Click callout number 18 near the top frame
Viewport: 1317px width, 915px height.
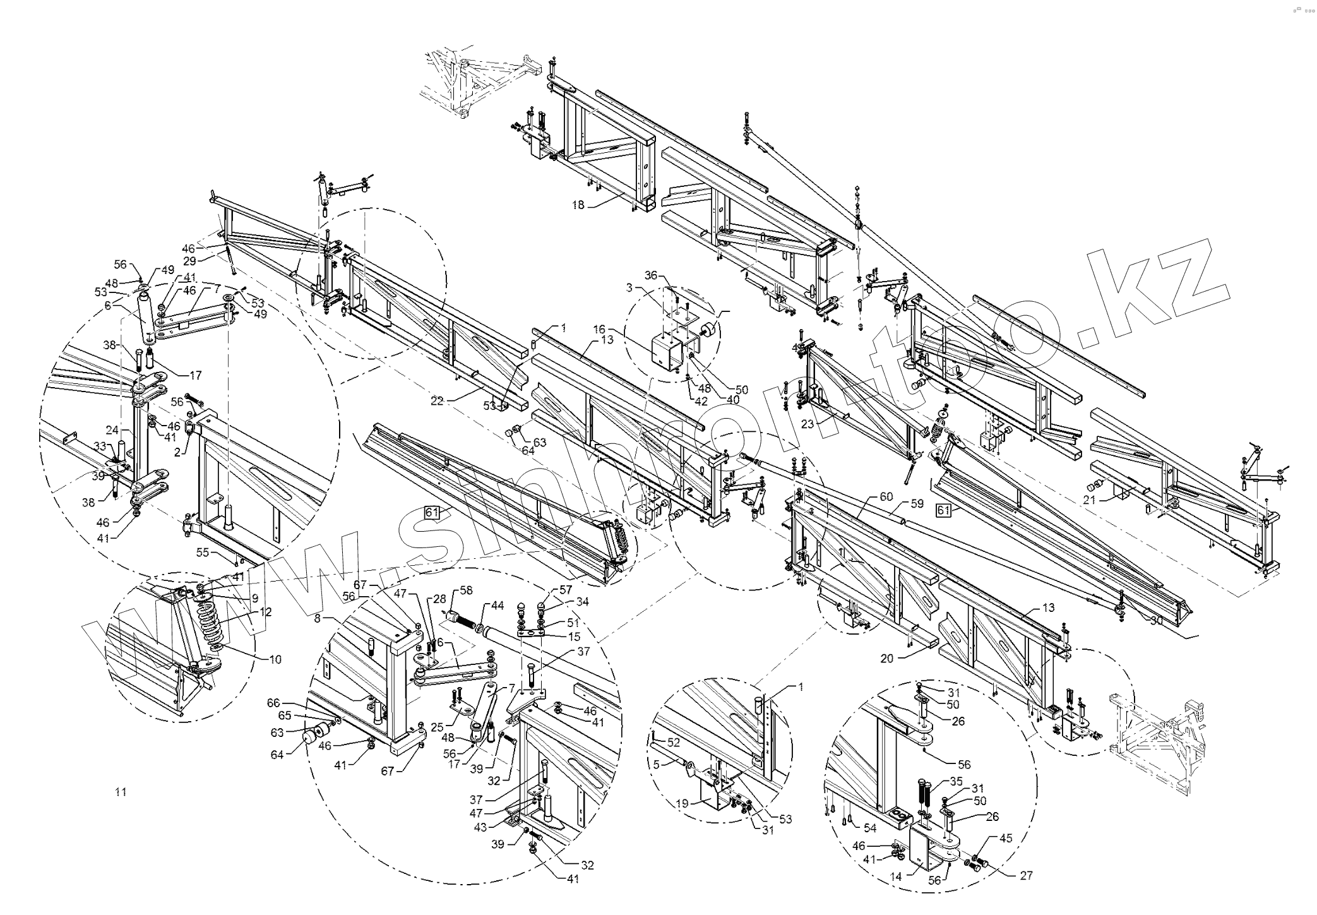pos(579,205)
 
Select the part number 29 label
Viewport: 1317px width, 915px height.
pos(189,260)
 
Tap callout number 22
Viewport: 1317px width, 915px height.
pos(438,400)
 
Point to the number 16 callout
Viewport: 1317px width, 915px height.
pos(599,329)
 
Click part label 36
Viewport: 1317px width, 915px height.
pos(651,275)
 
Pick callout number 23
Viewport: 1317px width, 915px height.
pos(807,424)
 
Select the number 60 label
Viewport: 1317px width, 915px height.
pos(886,497)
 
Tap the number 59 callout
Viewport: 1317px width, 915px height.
pos(917,504)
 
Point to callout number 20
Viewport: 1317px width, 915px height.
pos(887,658)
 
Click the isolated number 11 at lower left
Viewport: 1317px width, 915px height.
pos(121,792)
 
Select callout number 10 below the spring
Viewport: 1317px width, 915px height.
pos(275,659)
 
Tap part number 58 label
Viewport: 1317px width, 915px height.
pos(466,590)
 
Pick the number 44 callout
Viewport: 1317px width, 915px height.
pos(498,605)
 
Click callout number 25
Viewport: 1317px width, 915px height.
pos(437,728)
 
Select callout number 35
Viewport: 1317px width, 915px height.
pos(956,780)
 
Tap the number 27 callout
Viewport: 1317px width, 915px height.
pos(1026,875)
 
